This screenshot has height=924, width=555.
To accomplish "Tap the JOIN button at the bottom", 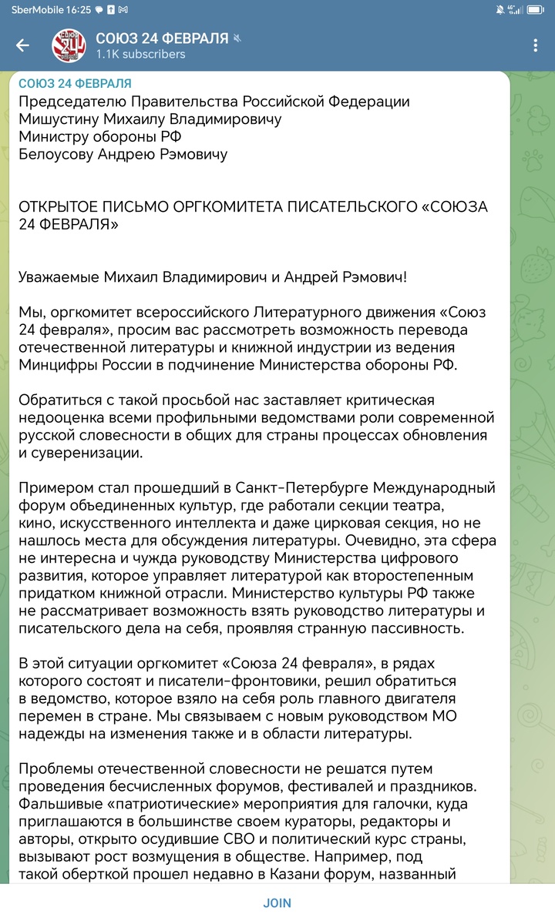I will pyautogui.click(x=277, y=903).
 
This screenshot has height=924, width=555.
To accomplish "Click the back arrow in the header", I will pyautogui.click(x=23, y=45).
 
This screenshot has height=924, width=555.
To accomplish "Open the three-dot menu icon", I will pyautogui.click(x=535, y=45).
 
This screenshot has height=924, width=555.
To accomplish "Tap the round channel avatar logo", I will pyautogui.click(x=68, y=45).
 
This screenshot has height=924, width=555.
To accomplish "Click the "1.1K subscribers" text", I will pyautogui.click(x=140, y=55).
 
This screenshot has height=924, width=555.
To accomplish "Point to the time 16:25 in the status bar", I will pyautogui.click(x=79, y=9).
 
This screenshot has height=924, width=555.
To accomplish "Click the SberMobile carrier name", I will pyautogui.click(x=36, y=9).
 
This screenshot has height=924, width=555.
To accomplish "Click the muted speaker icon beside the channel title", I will pyautogui.click(x=238, y=38).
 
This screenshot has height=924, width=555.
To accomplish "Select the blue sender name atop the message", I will pyautogui.click(x=75, y=83).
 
